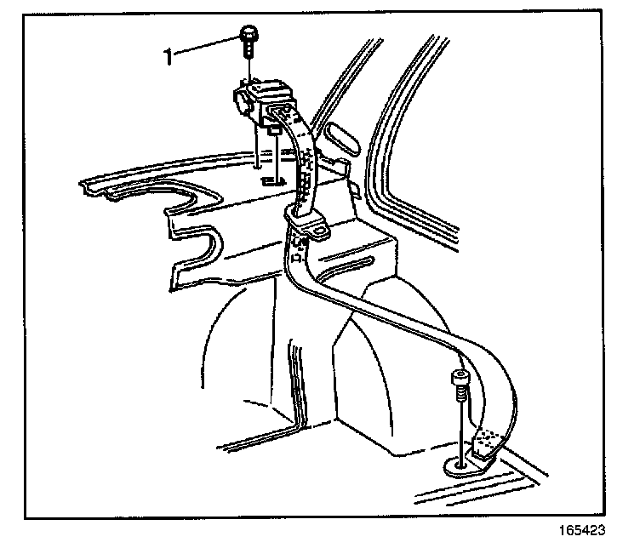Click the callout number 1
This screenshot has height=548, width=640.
pyautogui.click(x=169, y=57)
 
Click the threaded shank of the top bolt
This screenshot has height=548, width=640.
pyautogui.click(x=248, y=50)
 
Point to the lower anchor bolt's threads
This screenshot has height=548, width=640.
pyautogui.click(x=460, y=395)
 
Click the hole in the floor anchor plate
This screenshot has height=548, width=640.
pyautogui.click(x=460, y=465)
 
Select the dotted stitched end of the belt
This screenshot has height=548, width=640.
pyautogui.click(x=487, y=440)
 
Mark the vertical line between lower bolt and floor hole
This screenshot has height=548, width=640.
pyautogui.click(x=460, y=430)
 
